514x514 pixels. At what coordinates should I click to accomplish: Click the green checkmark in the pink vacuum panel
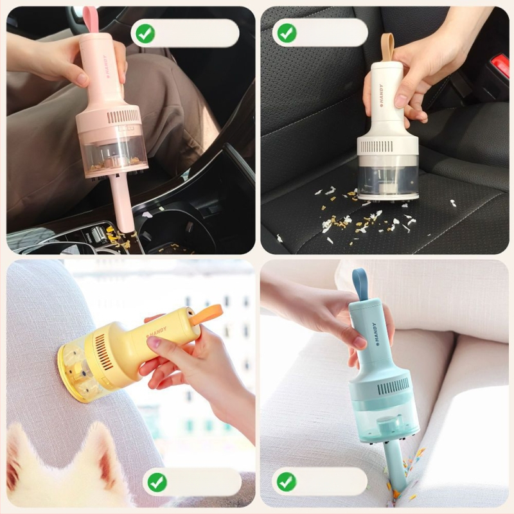[x=146, y=33]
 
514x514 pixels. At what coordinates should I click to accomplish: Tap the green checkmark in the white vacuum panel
[x=287, y=33]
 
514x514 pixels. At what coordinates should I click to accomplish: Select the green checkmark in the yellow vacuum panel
[x=157, y=482]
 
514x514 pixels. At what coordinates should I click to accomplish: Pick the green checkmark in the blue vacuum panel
[x=286, y=481]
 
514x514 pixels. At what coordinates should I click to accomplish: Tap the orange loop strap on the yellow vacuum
[x=206, y=315]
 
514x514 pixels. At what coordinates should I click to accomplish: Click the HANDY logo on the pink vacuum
[x=107, y=67]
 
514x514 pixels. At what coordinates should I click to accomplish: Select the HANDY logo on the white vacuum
[x=382, y=96]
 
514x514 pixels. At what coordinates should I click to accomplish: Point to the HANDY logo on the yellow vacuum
[x=156, y=332]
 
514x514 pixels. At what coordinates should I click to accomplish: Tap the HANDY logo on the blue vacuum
[x=375, y=334]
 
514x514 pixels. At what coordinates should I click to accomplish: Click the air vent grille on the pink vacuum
[x=123, y=117]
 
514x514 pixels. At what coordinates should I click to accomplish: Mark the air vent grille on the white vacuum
[x=376, y=146]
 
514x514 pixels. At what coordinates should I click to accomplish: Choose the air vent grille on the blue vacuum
[x=393, y=386]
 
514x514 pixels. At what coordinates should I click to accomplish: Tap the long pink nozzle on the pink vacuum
[x=120, y=202]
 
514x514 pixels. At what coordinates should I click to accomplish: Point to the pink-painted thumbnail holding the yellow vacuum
[x=154, y=342]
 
